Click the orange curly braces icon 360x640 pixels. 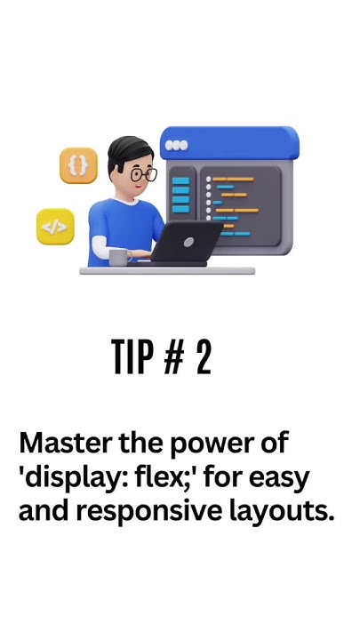click(x=78, y=165)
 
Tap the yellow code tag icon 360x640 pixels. click(x=55, y=227)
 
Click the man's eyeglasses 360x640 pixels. click(x=143, y=174)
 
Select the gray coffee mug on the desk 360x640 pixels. click(x=120, y=258)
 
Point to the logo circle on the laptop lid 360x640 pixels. click(x=188, y=242)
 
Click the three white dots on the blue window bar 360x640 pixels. click(x=176, y=145)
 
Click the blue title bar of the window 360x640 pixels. click(x=229, y=143)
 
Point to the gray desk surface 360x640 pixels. click(x=167, y=270)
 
